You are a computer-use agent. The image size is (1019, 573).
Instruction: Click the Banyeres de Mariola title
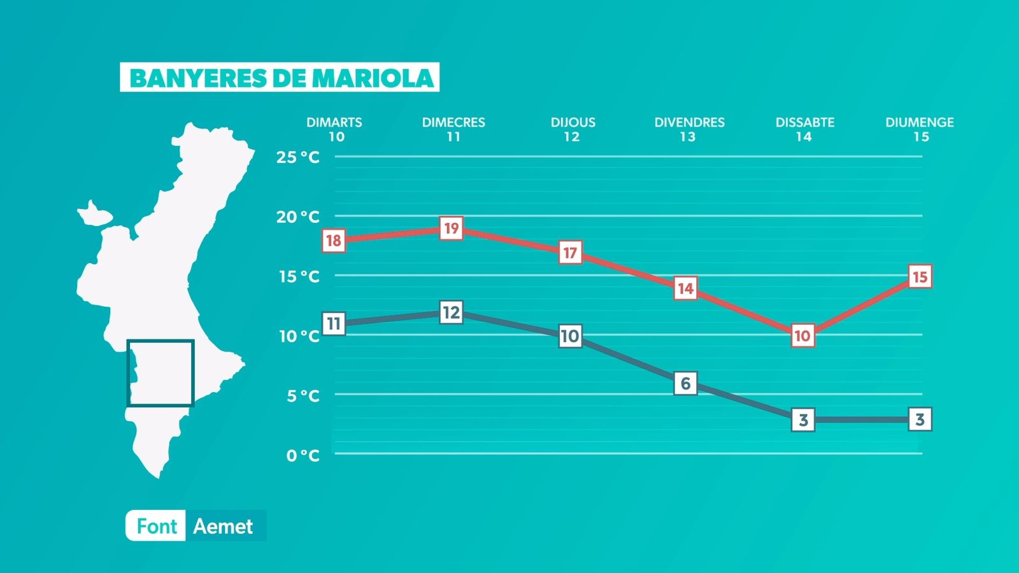[x=280, y=78]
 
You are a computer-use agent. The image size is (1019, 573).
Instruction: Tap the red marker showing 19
[x=451, y=229]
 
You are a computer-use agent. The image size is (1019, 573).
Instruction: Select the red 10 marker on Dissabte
[x=802, y=336]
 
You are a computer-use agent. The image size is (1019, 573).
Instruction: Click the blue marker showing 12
[x=451, y=313]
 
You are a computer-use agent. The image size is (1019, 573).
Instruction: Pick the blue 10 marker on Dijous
[x=570, y=336]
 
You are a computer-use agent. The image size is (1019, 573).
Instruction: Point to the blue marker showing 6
[x=685, y=383]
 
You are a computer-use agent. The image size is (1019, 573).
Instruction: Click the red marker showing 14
[x=685, y=288]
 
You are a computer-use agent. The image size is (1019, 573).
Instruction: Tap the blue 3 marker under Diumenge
[x=920, y=420]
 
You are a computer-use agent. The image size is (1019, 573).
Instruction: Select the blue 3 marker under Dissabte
[x=803, y=420]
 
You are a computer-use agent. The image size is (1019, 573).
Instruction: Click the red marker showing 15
[x=920, y=277]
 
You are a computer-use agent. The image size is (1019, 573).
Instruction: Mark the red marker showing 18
[x=334, y=241]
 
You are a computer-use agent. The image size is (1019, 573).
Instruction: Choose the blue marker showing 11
[x=334, y=324]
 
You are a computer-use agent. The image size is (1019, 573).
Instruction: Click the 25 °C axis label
[x=298, y=157]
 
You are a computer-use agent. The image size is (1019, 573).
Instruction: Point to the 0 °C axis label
[x=303, y=455]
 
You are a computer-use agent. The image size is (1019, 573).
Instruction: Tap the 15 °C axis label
[x=299, y=276]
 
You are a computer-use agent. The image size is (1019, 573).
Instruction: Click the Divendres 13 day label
[x=689, y=129]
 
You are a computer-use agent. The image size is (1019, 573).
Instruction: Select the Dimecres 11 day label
[x=453, y=129]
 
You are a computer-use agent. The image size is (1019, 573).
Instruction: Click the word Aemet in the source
[x=223, y=527]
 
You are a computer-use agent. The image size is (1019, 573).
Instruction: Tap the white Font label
[x=157, y=527]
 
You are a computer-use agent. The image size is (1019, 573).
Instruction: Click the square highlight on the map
[x=160, y=373]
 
